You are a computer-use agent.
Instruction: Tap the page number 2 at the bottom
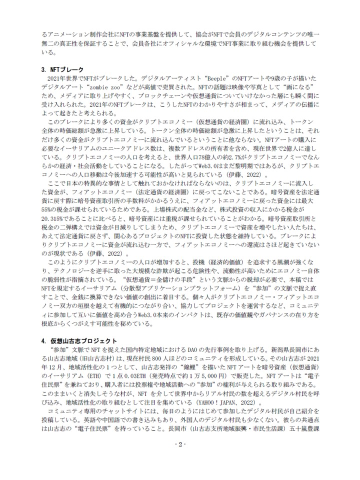pyautogui.click(x=180, y=458)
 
